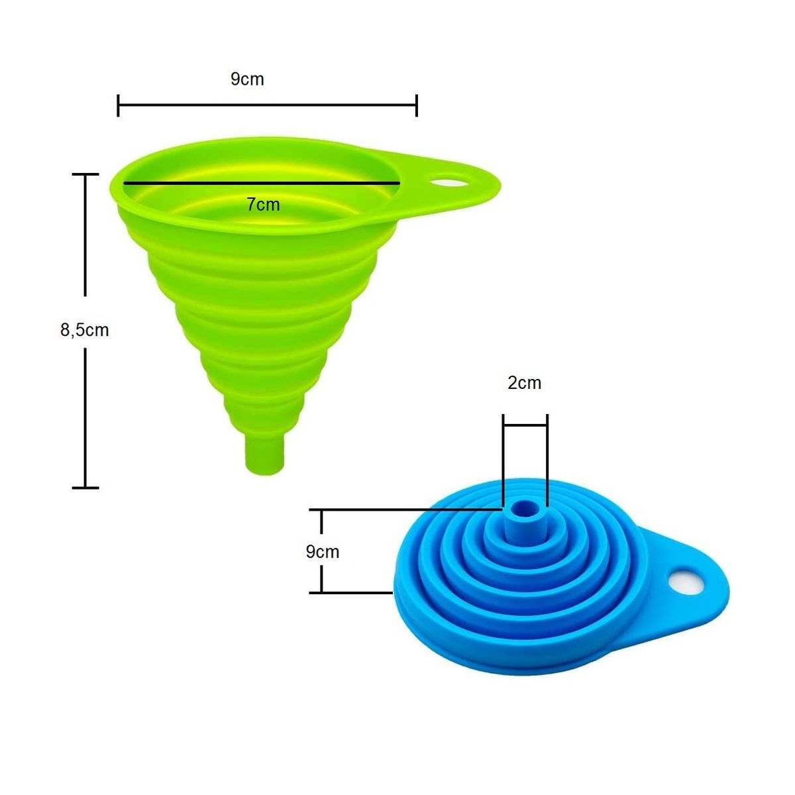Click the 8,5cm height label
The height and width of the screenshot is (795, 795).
(x=85, y=330)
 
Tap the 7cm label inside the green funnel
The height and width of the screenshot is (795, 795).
(x=263, y=205)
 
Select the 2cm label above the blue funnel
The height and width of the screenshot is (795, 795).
(x=524, y=383)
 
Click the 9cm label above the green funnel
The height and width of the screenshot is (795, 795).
(x=247, y=79)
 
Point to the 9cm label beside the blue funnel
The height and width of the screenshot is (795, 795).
(x=322, y=552)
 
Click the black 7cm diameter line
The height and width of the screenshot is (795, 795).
(x=262, y=183)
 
